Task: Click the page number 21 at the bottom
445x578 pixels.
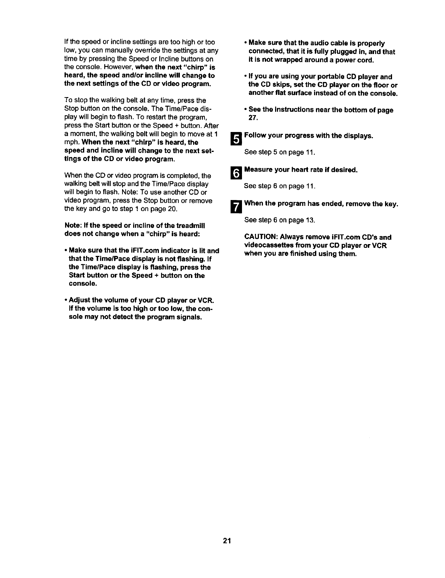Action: click(x=226, y=540)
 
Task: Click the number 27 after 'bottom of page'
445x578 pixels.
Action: click(x=253, y=118)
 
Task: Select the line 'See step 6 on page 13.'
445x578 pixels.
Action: click(x=280, y=220)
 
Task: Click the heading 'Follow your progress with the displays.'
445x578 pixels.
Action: click(x=309, y=136)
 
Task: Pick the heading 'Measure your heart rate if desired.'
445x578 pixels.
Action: click(x=301, y=170)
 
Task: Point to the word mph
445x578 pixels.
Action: click(x=72, y=143)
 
